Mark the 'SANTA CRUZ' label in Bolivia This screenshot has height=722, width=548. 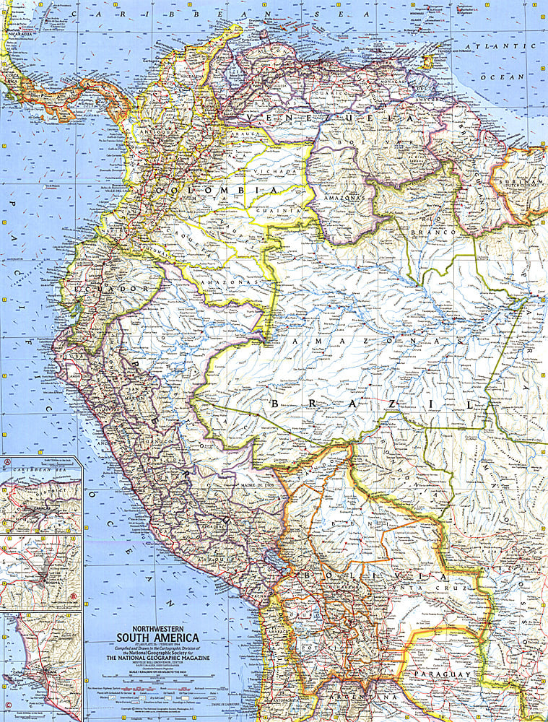click(x=412, y=591)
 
